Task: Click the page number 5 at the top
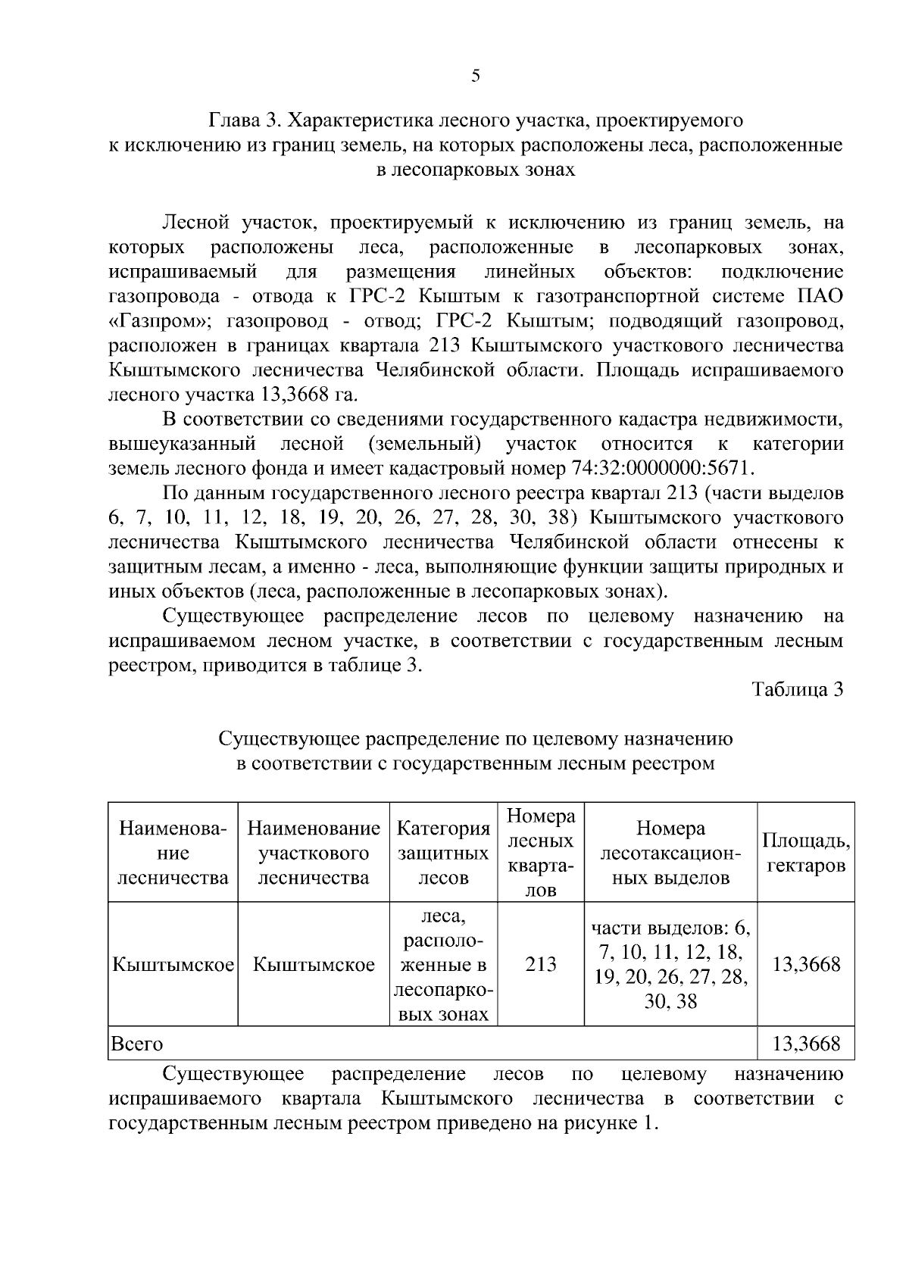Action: [475, 76]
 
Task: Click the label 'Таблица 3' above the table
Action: [798, 690]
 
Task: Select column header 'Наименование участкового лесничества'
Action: [314, 853]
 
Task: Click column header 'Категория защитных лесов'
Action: [444, 853]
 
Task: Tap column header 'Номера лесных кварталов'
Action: [541, 853]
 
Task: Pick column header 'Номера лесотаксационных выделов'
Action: [670, 853]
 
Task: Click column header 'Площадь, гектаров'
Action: [806, 853]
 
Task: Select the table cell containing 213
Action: [541, 965]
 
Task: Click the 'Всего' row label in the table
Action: [137, 1044]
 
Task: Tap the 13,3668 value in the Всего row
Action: [806, 1044]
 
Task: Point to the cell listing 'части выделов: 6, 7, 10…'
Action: [670, 965]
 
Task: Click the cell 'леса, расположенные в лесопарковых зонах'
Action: [444, 965]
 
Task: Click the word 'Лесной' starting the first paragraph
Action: [195, 223]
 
